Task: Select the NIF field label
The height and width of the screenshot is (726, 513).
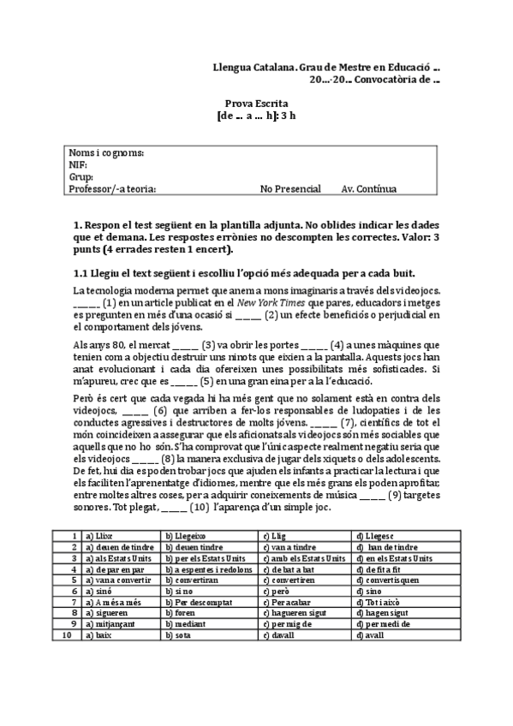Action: (77, 165)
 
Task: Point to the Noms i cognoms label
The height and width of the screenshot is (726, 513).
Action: (105, 153)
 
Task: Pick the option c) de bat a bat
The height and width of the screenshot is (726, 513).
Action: (291, 568)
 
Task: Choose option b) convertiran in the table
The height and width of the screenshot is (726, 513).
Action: (193, 580)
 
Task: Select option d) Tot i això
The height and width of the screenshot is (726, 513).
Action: (379, 602)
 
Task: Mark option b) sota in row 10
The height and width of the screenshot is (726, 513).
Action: (178, 635)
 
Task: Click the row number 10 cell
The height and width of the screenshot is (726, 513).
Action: (67, 635)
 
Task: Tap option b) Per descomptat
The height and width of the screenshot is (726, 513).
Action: (201, 602)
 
